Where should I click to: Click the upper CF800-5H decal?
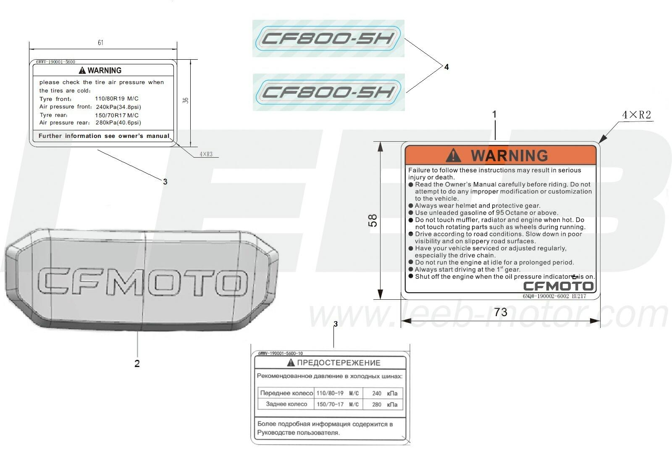coord(328,38)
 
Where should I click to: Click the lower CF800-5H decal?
coord(328,92)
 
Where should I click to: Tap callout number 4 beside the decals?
coord(446,67)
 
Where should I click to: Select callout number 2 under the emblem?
coord(137,364)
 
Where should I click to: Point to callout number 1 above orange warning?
coord(494,114)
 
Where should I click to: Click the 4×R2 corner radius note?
coord(636,115)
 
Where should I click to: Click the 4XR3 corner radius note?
coord(206,154)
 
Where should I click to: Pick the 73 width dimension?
coord(501,312)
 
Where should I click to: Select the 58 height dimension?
coord(372,220)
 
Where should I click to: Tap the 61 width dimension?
coord(100,42)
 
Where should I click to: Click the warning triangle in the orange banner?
coord(453,155)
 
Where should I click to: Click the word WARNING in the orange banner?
coord(509,156)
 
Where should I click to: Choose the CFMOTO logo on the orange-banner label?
coord(558,286)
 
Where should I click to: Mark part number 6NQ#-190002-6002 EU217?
coord(554,296)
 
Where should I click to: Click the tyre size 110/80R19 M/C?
coord(117,98)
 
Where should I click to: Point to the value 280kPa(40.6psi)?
coord(118,122)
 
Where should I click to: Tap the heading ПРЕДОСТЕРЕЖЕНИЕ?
coord(339,363)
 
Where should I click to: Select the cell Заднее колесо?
coord(286,404)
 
